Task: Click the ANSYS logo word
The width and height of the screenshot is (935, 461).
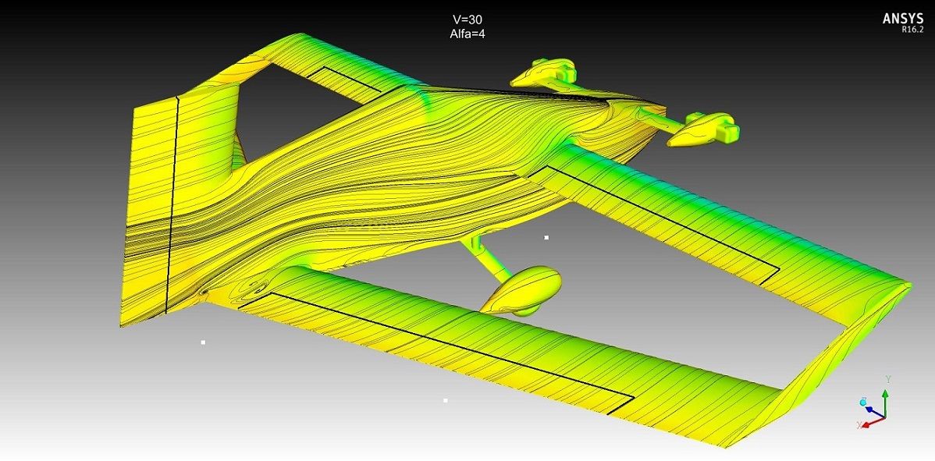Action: pos(903,19)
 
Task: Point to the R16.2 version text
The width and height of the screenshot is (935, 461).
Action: pos(912,29)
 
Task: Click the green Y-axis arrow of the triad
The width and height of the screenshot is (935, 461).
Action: pos(886,402)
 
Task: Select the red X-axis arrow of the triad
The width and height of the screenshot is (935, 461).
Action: pos(872,422)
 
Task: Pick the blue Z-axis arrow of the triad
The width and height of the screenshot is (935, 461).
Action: pos(874,412)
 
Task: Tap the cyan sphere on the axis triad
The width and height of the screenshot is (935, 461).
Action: pos(863,402)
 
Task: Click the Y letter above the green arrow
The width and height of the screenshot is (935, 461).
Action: pos(888,379)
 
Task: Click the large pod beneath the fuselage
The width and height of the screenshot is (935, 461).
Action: pos(521,290)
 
